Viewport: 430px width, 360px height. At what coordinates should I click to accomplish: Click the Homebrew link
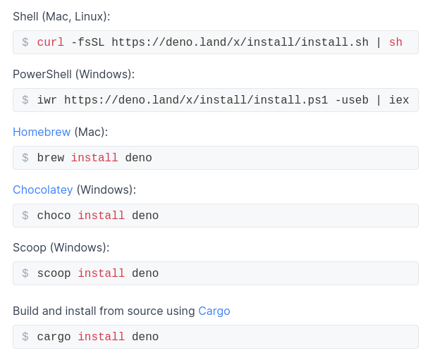pos(42,132)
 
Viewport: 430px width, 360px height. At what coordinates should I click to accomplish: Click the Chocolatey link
pos(42,190)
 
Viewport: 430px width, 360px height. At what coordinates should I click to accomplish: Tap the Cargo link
pos(214,311)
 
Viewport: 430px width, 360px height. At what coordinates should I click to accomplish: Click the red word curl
pos(50,42)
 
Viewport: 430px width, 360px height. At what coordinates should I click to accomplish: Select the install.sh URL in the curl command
pos(240,42)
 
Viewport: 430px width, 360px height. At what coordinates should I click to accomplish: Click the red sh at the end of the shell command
pos(395,42)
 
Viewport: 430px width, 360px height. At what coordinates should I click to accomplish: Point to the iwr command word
pos(47,100)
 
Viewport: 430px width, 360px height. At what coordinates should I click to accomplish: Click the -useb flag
pos(352,100)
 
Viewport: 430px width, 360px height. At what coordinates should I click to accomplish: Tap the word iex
pos(399,100)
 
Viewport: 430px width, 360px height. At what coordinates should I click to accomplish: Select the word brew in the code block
pos(50,158)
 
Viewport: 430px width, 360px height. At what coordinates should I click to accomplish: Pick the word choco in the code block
pos(54,216)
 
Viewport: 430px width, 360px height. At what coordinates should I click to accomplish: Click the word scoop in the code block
pos(54,273)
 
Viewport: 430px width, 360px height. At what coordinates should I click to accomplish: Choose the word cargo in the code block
pos(54,337)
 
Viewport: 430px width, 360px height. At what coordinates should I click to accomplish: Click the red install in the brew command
pos(94,158)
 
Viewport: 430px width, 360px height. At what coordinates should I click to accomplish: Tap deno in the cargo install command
pos(145,337)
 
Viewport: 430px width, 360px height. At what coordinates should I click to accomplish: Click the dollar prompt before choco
pos(25,216)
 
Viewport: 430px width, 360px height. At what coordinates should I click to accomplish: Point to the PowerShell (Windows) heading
pos(73,74)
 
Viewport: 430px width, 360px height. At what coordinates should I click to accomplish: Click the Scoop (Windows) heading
pos(61,247)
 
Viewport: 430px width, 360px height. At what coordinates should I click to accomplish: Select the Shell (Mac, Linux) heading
pos(61,16)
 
